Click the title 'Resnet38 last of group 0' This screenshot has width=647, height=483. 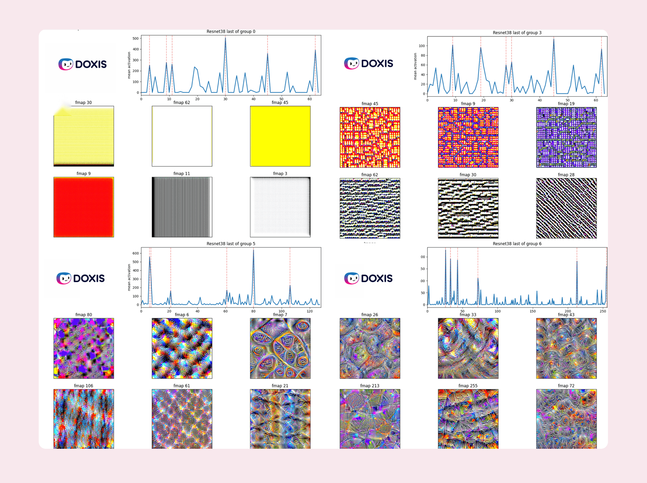(231, 31)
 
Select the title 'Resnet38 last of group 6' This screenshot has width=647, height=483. (517, 244)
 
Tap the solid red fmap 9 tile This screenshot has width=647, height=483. (84, 207)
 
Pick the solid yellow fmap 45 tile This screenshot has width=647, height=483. (280, 136)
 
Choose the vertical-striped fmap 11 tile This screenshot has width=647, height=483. (182, 207)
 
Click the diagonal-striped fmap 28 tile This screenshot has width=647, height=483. (566, 208)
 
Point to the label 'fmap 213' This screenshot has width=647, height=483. (370, 386)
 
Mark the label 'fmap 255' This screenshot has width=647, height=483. (467, 386)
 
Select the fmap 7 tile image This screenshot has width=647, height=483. (280, 348)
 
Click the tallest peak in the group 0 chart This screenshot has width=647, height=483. (226, 38)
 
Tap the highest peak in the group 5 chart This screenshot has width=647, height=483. (253, 250)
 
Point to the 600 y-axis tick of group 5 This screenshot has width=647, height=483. (136, 253)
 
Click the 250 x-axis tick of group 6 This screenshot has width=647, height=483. (603, 311)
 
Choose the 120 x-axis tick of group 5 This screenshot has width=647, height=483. (309, 311)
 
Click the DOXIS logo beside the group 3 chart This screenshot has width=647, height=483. (368, 63)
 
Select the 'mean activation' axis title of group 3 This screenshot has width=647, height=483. (415, 67)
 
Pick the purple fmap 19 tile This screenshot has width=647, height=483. (566, 137)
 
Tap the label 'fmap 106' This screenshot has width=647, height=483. (84, 386)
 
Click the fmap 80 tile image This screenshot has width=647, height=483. (84, 348)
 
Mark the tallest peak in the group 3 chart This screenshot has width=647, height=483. (554, 39)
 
